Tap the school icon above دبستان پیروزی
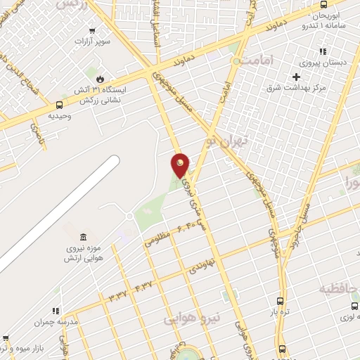pos(323,51)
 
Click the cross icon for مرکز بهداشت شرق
pos(297,77)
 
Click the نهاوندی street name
pos(206,264)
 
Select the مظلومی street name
pos(157,238)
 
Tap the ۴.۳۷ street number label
pos(143,286)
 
